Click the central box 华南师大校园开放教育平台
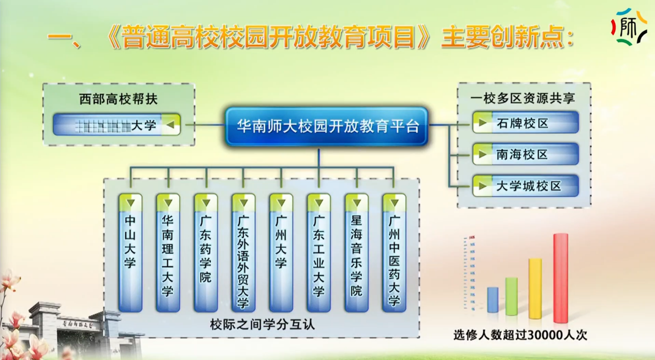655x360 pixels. [327, 126]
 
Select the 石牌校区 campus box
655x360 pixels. [525, 123]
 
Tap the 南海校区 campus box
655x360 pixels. [525, 154]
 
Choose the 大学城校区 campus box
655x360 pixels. [525, 186]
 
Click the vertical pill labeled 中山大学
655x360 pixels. [130, 253]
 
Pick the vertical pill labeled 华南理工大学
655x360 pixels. [168, 253]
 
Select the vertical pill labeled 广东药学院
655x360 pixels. [206, 253]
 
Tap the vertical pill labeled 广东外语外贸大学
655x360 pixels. [243, 253]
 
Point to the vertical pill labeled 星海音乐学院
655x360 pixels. [356, 253]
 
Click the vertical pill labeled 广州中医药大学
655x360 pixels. [394, 253]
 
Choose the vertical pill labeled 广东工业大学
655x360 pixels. [318, 253]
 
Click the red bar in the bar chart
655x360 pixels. [561, 278]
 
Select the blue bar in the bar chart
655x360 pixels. [493, 300]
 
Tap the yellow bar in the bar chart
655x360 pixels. [535, 289]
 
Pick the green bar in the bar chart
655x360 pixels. [512, 296]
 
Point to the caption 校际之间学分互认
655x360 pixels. [263, 325]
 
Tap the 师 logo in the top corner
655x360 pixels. [629, 26]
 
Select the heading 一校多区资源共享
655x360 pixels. [523, 98]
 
